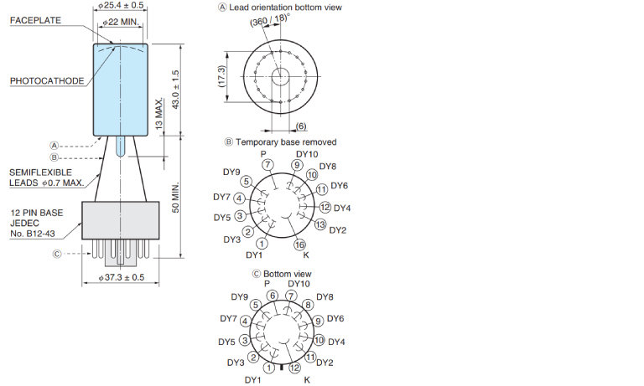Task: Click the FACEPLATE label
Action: (35, 20)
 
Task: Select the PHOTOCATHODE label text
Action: (47, 81)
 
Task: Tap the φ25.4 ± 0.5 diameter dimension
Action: (121, 5)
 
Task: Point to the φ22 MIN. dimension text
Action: (121, 22)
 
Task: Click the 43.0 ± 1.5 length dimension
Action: (175, 90)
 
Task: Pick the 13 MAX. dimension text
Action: (159, 114)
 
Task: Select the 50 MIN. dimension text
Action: (175, 197)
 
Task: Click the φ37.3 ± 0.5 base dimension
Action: (122, 277)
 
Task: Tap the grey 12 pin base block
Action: (121, 220)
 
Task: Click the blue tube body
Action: (121, 90)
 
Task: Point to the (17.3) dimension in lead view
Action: (221, 76)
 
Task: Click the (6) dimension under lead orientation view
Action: (301, 126)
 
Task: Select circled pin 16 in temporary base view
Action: (300, 244)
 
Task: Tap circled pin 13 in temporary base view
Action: (320, 224)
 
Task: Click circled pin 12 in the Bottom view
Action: (294, 368)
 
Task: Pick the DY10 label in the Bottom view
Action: (299, 284)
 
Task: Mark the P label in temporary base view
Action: (263, 154)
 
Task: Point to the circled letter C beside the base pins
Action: (57, 254)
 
